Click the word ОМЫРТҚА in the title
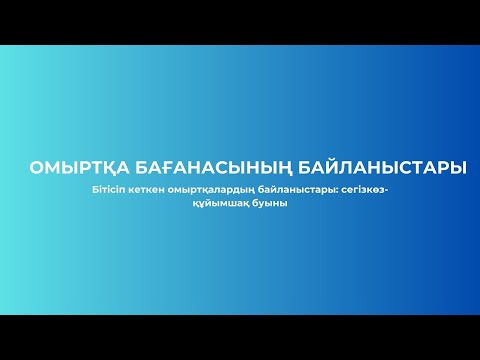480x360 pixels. click(x=74, y=167)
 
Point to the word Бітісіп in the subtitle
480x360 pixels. click(x=107, y=190)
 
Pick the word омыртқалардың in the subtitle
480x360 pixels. click(x=209, y=190)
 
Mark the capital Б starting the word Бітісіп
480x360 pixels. click(x=92, y=190)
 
